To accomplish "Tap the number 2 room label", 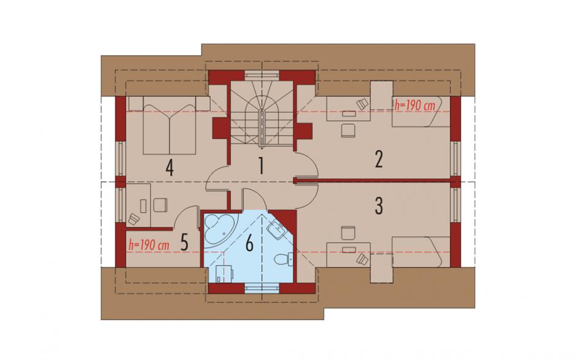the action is pos(379,159).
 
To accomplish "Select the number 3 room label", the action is pos(379,206).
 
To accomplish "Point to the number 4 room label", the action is pos(169,169).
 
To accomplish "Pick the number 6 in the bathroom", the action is pos(249,243).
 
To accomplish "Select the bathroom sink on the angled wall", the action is pos(276,231).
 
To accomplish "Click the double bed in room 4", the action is pos(169,125).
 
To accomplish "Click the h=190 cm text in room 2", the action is pos(415,105).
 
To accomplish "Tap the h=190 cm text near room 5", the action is pos(149,245).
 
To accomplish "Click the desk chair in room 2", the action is pos(348,130).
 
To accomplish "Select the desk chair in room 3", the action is pos(348,233).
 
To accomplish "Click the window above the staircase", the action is pos(262,74).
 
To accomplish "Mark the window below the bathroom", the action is pos(262,289).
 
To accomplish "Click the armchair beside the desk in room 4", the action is pos(161,205).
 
